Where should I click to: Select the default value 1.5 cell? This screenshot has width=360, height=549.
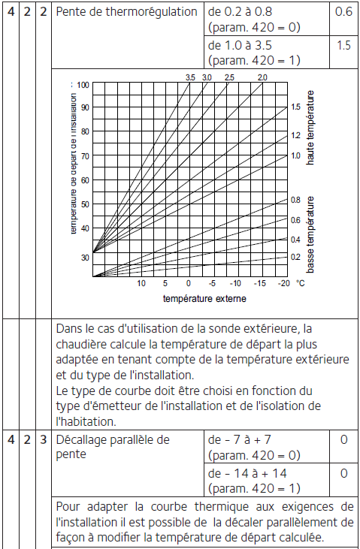343,45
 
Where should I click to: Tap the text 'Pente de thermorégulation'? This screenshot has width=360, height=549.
125,13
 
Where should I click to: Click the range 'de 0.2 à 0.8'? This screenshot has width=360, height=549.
240,13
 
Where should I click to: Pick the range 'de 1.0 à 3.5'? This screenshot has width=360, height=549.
240,45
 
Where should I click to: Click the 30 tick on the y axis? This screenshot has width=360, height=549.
84,257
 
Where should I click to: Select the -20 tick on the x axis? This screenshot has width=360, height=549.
283,284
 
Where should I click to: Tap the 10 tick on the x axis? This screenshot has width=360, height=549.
141,284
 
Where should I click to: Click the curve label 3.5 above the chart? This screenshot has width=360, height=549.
190,77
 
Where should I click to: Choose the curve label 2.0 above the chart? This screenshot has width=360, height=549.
262,77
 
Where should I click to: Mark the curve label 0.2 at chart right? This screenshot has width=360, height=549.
295,257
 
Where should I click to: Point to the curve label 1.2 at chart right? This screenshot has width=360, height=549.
295,135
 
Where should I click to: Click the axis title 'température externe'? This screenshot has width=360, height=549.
204,298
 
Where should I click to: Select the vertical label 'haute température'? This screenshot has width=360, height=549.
310,128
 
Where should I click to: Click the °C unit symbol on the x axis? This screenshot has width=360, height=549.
301,284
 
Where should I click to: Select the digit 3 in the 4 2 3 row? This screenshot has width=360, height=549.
44,439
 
